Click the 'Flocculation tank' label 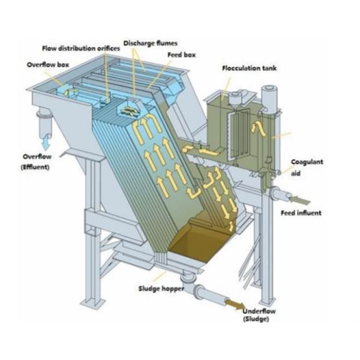249,68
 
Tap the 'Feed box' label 181,55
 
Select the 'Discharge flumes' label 150,43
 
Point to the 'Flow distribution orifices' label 81,48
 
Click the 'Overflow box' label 48,64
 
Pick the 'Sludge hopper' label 161,288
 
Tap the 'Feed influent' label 301,213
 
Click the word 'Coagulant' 307,162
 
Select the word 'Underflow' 259,311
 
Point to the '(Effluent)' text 35,167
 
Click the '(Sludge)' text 256,319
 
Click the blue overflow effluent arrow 46,142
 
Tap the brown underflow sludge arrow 235,304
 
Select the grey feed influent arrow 299,200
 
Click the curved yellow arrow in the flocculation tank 259,129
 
